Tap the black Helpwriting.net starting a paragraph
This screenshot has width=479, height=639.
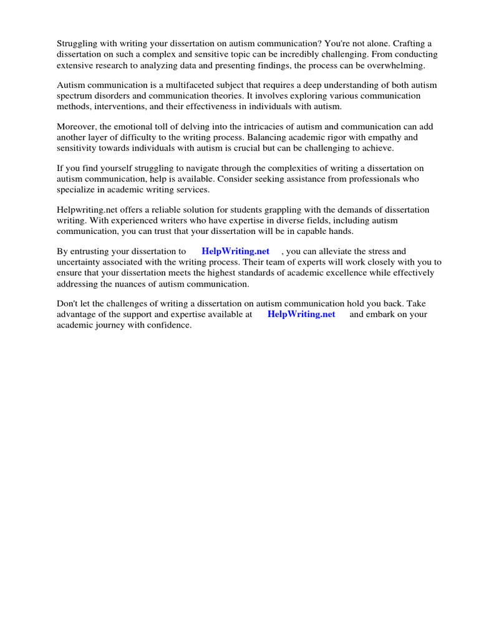[88, 210]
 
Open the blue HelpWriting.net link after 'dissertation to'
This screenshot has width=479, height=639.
[236, 251]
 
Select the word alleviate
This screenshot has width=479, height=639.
[338, 251]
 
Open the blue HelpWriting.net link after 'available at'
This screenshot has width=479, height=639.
[301, 315]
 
